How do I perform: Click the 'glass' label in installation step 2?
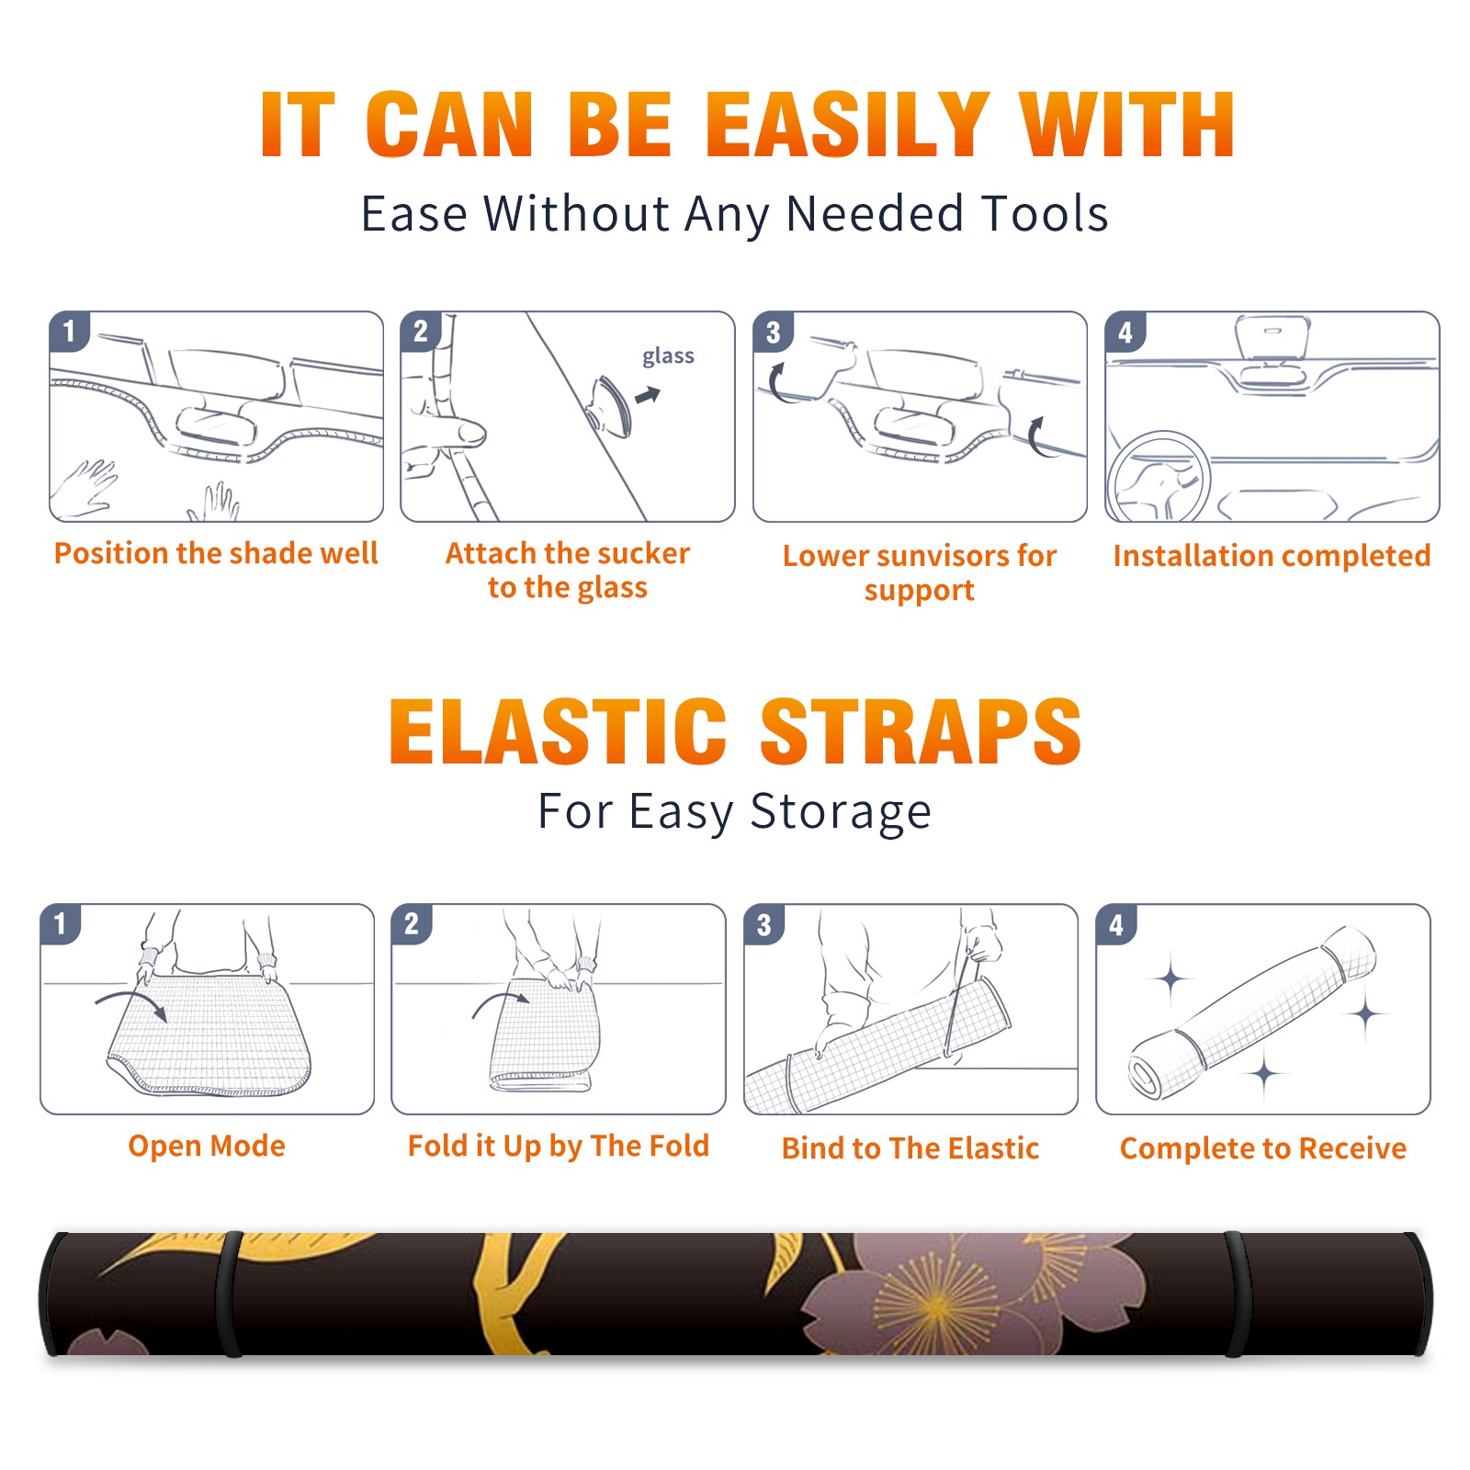click(668, 356)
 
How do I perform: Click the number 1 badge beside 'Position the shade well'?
click(69, 331)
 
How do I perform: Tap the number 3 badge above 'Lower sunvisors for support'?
click(773, 331)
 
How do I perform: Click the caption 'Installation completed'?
click(1272, 556)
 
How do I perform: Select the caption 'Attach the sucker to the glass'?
click(568, 570)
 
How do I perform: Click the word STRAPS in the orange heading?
click(921, 731)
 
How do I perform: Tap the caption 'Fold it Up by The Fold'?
click(559, 1146)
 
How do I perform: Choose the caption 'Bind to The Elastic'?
click(910, 1148)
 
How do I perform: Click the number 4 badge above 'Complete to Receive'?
click(1116, 924)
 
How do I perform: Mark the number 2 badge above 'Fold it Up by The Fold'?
click(412, 924)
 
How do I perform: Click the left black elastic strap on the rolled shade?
click(231, 1294)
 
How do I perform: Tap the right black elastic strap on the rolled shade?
click(1237, 1294)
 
